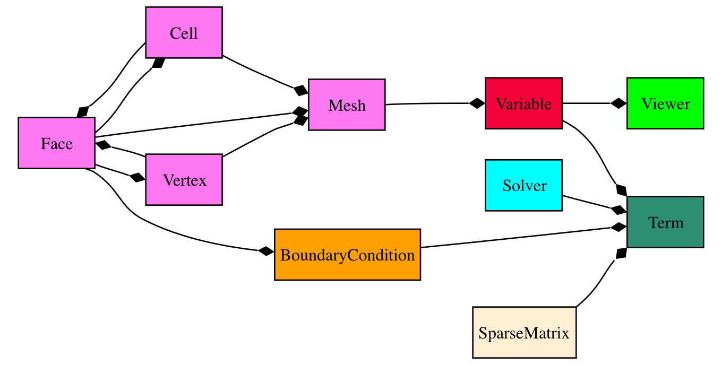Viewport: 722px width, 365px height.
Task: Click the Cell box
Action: coord(184,33)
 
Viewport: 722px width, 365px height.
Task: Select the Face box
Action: coord(56,143)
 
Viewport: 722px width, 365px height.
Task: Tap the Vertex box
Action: coord(184,180)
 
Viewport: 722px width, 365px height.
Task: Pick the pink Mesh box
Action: coord(347,105)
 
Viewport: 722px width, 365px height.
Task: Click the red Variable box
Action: coord(523,103)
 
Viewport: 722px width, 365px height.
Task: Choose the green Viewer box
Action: coord(665,103)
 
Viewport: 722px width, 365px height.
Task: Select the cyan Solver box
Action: coord(523,186)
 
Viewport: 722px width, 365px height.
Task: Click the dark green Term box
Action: coord(665,222)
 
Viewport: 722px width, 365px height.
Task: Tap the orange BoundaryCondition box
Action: coord(347,255)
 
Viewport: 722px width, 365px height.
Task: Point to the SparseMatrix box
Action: coord(524,333)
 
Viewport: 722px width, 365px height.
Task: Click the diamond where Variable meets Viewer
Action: coord(618,103)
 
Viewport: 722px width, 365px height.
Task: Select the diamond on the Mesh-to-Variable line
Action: coord(477,103)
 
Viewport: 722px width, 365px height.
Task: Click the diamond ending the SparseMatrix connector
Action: coord(620,254)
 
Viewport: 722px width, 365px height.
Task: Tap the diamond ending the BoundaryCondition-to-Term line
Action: coord(618,227)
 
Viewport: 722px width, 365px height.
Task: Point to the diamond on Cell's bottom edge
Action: coord(158,63)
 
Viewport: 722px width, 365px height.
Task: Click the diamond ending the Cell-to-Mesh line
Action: coord(300,90)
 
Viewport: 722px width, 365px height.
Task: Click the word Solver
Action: coord(525,186)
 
